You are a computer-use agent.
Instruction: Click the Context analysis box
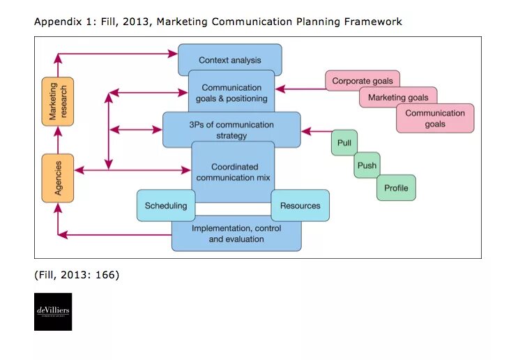point(229,60)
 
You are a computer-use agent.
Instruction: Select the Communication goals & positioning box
point(231,93)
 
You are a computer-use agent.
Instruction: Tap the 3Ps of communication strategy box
point(231,130)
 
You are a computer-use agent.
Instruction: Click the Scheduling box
point(166,206)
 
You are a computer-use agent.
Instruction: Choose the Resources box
point(300,206)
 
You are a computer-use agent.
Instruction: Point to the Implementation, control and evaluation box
point(236,234)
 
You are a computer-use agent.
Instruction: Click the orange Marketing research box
point(57,101)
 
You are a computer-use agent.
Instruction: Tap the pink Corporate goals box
point(362,81)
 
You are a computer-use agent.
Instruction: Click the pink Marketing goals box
point(398,98)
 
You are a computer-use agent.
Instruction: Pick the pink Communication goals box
point(435,119)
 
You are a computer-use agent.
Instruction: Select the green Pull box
point(344,143)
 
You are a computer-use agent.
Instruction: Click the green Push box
point(367,165)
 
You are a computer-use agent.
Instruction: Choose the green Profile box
point(396,188)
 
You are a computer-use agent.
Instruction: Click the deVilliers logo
point(53,311)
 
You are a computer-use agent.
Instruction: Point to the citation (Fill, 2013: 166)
point(76,275)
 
